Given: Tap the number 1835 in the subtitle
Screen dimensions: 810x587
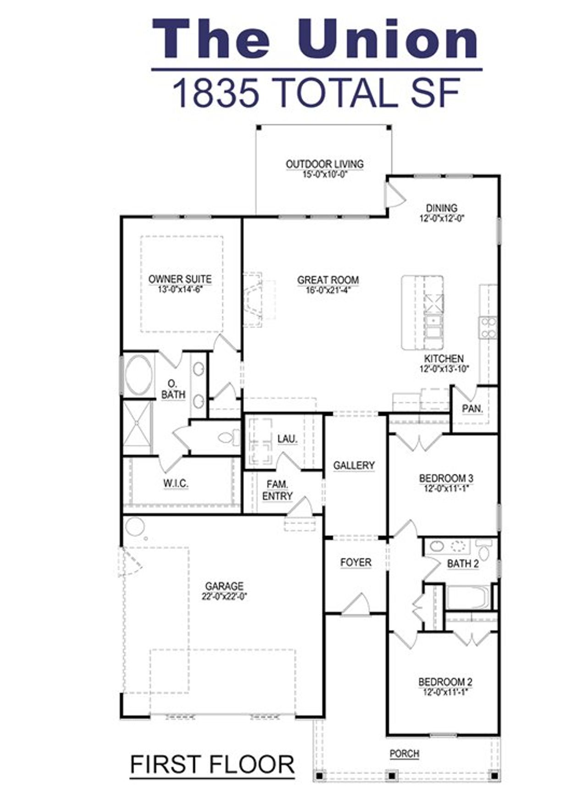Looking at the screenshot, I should click(215, 93).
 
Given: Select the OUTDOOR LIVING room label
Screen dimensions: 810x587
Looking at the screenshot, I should click(324, 164).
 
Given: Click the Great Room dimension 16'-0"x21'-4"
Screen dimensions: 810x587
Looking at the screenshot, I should click(327, 290).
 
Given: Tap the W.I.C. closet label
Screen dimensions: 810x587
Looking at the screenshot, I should click(176, 483).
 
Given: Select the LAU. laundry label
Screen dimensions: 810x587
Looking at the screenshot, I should click(287, 439).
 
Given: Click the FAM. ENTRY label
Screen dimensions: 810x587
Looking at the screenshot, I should click(277, 490).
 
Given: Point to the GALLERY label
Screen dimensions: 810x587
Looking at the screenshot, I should click(354, 465).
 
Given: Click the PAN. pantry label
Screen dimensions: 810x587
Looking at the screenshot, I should click(472, 408).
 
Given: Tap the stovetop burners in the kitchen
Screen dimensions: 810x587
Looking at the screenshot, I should click(488, 327).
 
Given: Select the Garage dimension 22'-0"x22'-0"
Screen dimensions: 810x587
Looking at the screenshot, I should click(224, 597).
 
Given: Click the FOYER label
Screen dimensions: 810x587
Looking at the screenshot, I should click(355, 562).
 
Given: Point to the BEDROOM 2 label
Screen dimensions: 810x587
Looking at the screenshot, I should click(445, 682).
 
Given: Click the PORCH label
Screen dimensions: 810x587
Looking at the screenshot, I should click(404, 754).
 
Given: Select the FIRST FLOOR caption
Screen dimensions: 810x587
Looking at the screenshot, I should click(212, 765).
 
